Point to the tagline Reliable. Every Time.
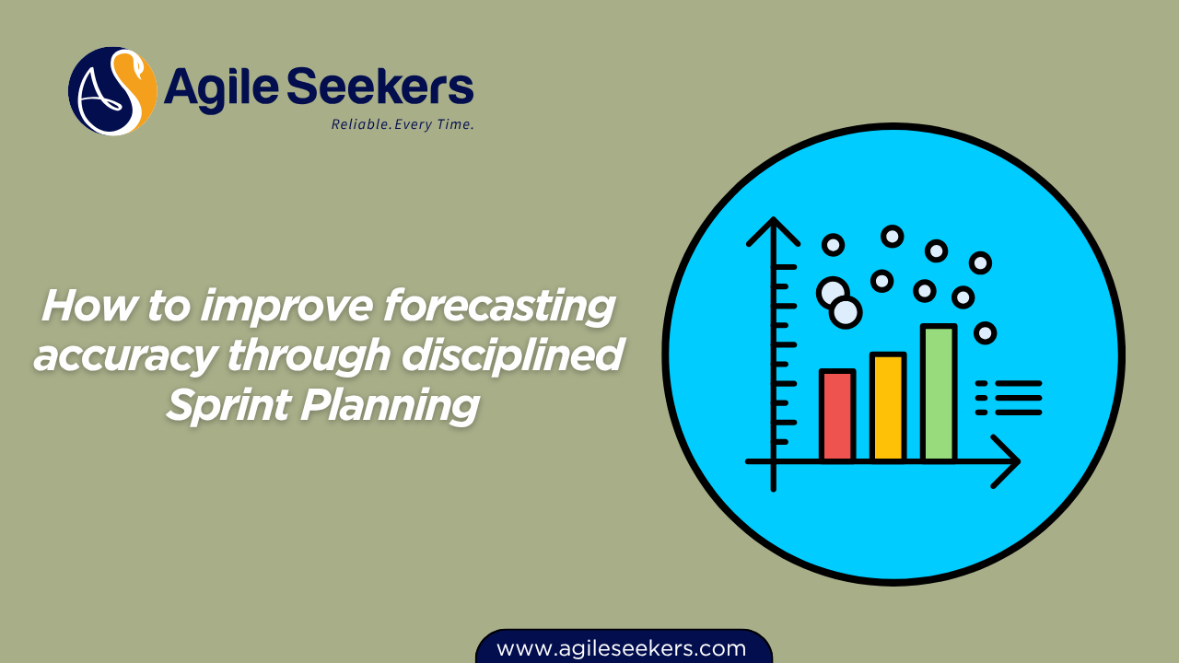[403, 124]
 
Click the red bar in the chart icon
[837, 415]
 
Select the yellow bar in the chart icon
[888, 407]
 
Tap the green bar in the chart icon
[939, 393]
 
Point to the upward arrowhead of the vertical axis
[774, 230]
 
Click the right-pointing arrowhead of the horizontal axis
[1007, 460]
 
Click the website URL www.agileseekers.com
[622, 648]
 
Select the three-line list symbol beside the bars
[1009, 398]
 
